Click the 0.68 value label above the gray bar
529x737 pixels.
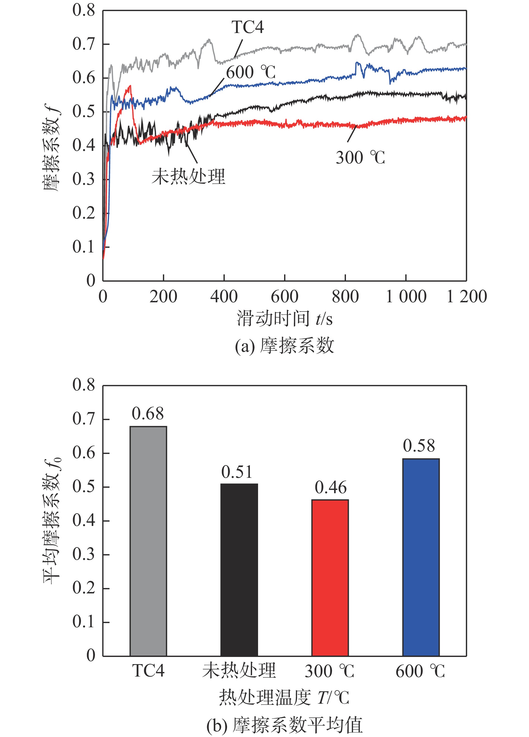pos(148,414)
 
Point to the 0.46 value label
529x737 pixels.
pos(331,487)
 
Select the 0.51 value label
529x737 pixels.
pos(237,472)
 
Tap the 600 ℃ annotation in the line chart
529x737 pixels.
pos(251,72)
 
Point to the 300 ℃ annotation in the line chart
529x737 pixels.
pos(360,158)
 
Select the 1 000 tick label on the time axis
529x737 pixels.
pos(406,297)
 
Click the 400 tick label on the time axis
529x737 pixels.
pos(224,297)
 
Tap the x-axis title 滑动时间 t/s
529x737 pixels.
pos(284,319)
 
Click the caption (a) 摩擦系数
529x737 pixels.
pos(284,345)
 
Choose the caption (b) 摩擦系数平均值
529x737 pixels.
pos(284,725)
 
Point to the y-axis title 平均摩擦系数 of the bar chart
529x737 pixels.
pos(52,520)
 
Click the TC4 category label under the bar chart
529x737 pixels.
pos(148,671)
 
